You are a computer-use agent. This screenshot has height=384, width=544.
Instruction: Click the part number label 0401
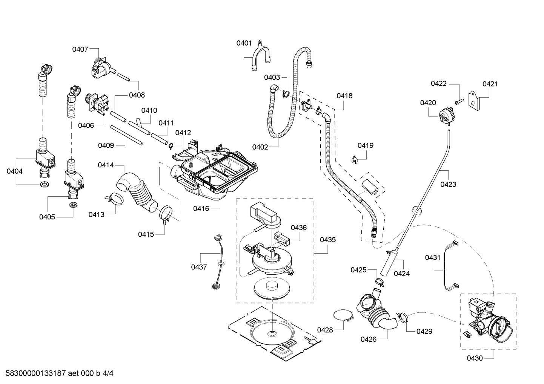click(244, 43)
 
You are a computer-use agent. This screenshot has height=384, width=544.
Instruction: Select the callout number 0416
click(201, 209)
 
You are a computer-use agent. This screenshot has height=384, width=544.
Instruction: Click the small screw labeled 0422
click(459, 102)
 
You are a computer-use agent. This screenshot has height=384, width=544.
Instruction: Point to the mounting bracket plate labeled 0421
click(473, 101)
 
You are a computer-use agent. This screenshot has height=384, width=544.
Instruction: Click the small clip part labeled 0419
click(355, 159)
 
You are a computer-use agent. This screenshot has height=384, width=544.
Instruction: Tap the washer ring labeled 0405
click(73, 205)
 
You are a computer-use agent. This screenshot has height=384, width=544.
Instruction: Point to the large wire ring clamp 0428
click(343, 316)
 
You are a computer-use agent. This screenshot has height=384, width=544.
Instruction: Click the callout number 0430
click(475, 358)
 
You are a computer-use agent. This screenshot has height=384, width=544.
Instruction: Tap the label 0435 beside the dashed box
click(327, 240)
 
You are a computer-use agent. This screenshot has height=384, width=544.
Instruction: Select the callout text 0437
click(199, 267)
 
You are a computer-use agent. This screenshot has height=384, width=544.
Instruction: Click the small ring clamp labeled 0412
click(171, 145)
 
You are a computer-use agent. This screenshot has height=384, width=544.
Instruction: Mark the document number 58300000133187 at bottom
click(36, 373)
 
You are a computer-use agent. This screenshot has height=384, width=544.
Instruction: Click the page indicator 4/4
click(108, 373)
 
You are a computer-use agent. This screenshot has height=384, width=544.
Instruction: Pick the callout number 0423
click(448, 184)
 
